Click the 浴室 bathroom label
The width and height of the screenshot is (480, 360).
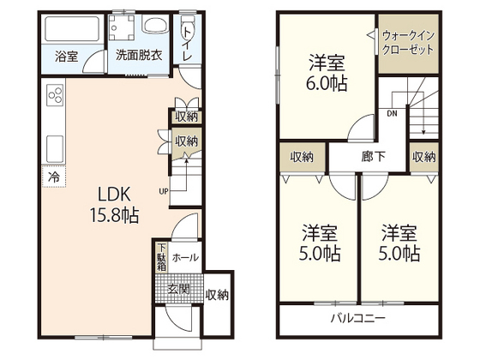(x=67, y=57)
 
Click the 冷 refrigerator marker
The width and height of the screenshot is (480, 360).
(x=53, y=177)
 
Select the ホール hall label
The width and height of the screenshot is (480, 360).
(x=185, y=257)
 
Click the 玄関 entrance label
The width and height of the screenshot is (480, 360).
(x=179, y=287)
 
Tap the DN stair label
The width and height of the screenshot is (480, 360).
(x=391, y=112)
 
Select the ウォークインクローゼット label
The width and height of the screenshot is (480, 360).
(x=408, y=43)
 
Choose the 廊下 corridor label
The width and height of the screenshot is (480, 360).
(x=372, y=157)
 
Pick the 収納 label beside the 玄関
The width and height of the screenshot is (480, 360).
(x=218, y=295)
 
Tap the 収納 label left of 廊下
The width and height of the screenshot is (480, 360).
(x=302, y=157)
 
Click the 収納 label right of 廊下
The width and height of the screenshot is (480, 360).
(x=423, y=157)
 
